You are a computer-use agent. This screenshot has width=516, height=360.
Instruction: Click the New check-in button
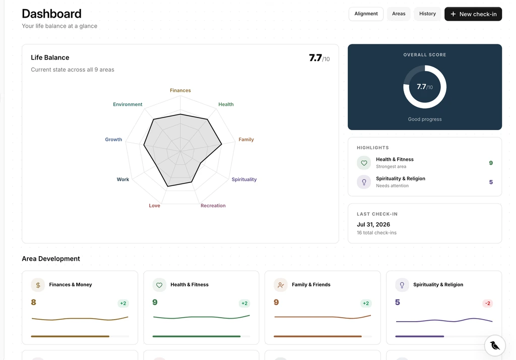473,14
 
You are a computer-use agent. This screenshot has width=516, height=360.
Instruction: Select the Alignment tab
366,14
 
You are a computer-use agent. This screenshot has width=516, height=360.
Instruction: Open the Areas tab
399,14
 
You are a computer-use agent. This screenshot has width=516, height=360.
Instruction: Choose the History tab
427,14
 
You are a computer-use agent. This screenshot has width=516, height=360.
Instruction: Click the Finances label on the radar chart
180,90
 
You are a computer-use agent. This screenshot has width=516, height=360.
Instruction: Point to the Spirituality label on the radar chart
244,179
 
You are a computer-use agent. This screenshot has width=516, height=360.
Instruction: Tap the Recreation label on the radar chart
213,206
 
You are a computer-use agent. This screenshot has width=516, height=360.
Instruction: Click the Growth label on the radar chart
113,139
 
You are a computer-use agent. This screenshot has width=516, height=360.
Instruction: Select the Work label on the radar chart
123,179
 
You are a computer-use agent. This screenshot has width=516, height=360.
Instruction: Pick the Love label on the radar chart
154,206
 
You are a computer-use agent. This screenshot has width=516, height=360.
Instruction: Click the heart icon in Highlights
364,163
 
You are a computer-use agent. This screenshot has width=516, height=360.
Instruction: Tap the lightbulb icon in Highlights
364,182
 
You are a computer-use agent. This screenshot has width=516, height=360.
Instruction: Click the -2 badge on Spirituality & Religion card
488,304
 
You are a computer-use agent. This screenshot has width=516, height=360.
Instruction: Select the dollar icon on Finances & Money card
38,285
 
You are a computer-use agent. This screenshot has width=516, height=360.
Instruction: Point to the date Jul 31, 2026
373,224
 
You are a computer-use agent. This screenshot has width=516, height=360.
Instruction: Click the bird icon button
495,345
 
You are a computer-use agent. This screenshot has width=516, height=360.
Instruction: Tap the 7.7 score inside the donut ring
422,87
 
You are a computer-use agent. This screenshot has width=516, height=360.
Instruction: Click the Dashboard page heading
52,14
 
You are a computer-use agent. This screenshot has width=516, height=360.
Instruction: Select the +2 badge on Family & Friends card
366,304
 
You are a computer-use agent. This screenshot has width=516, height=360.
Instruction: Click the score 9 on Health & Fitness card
155,302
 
